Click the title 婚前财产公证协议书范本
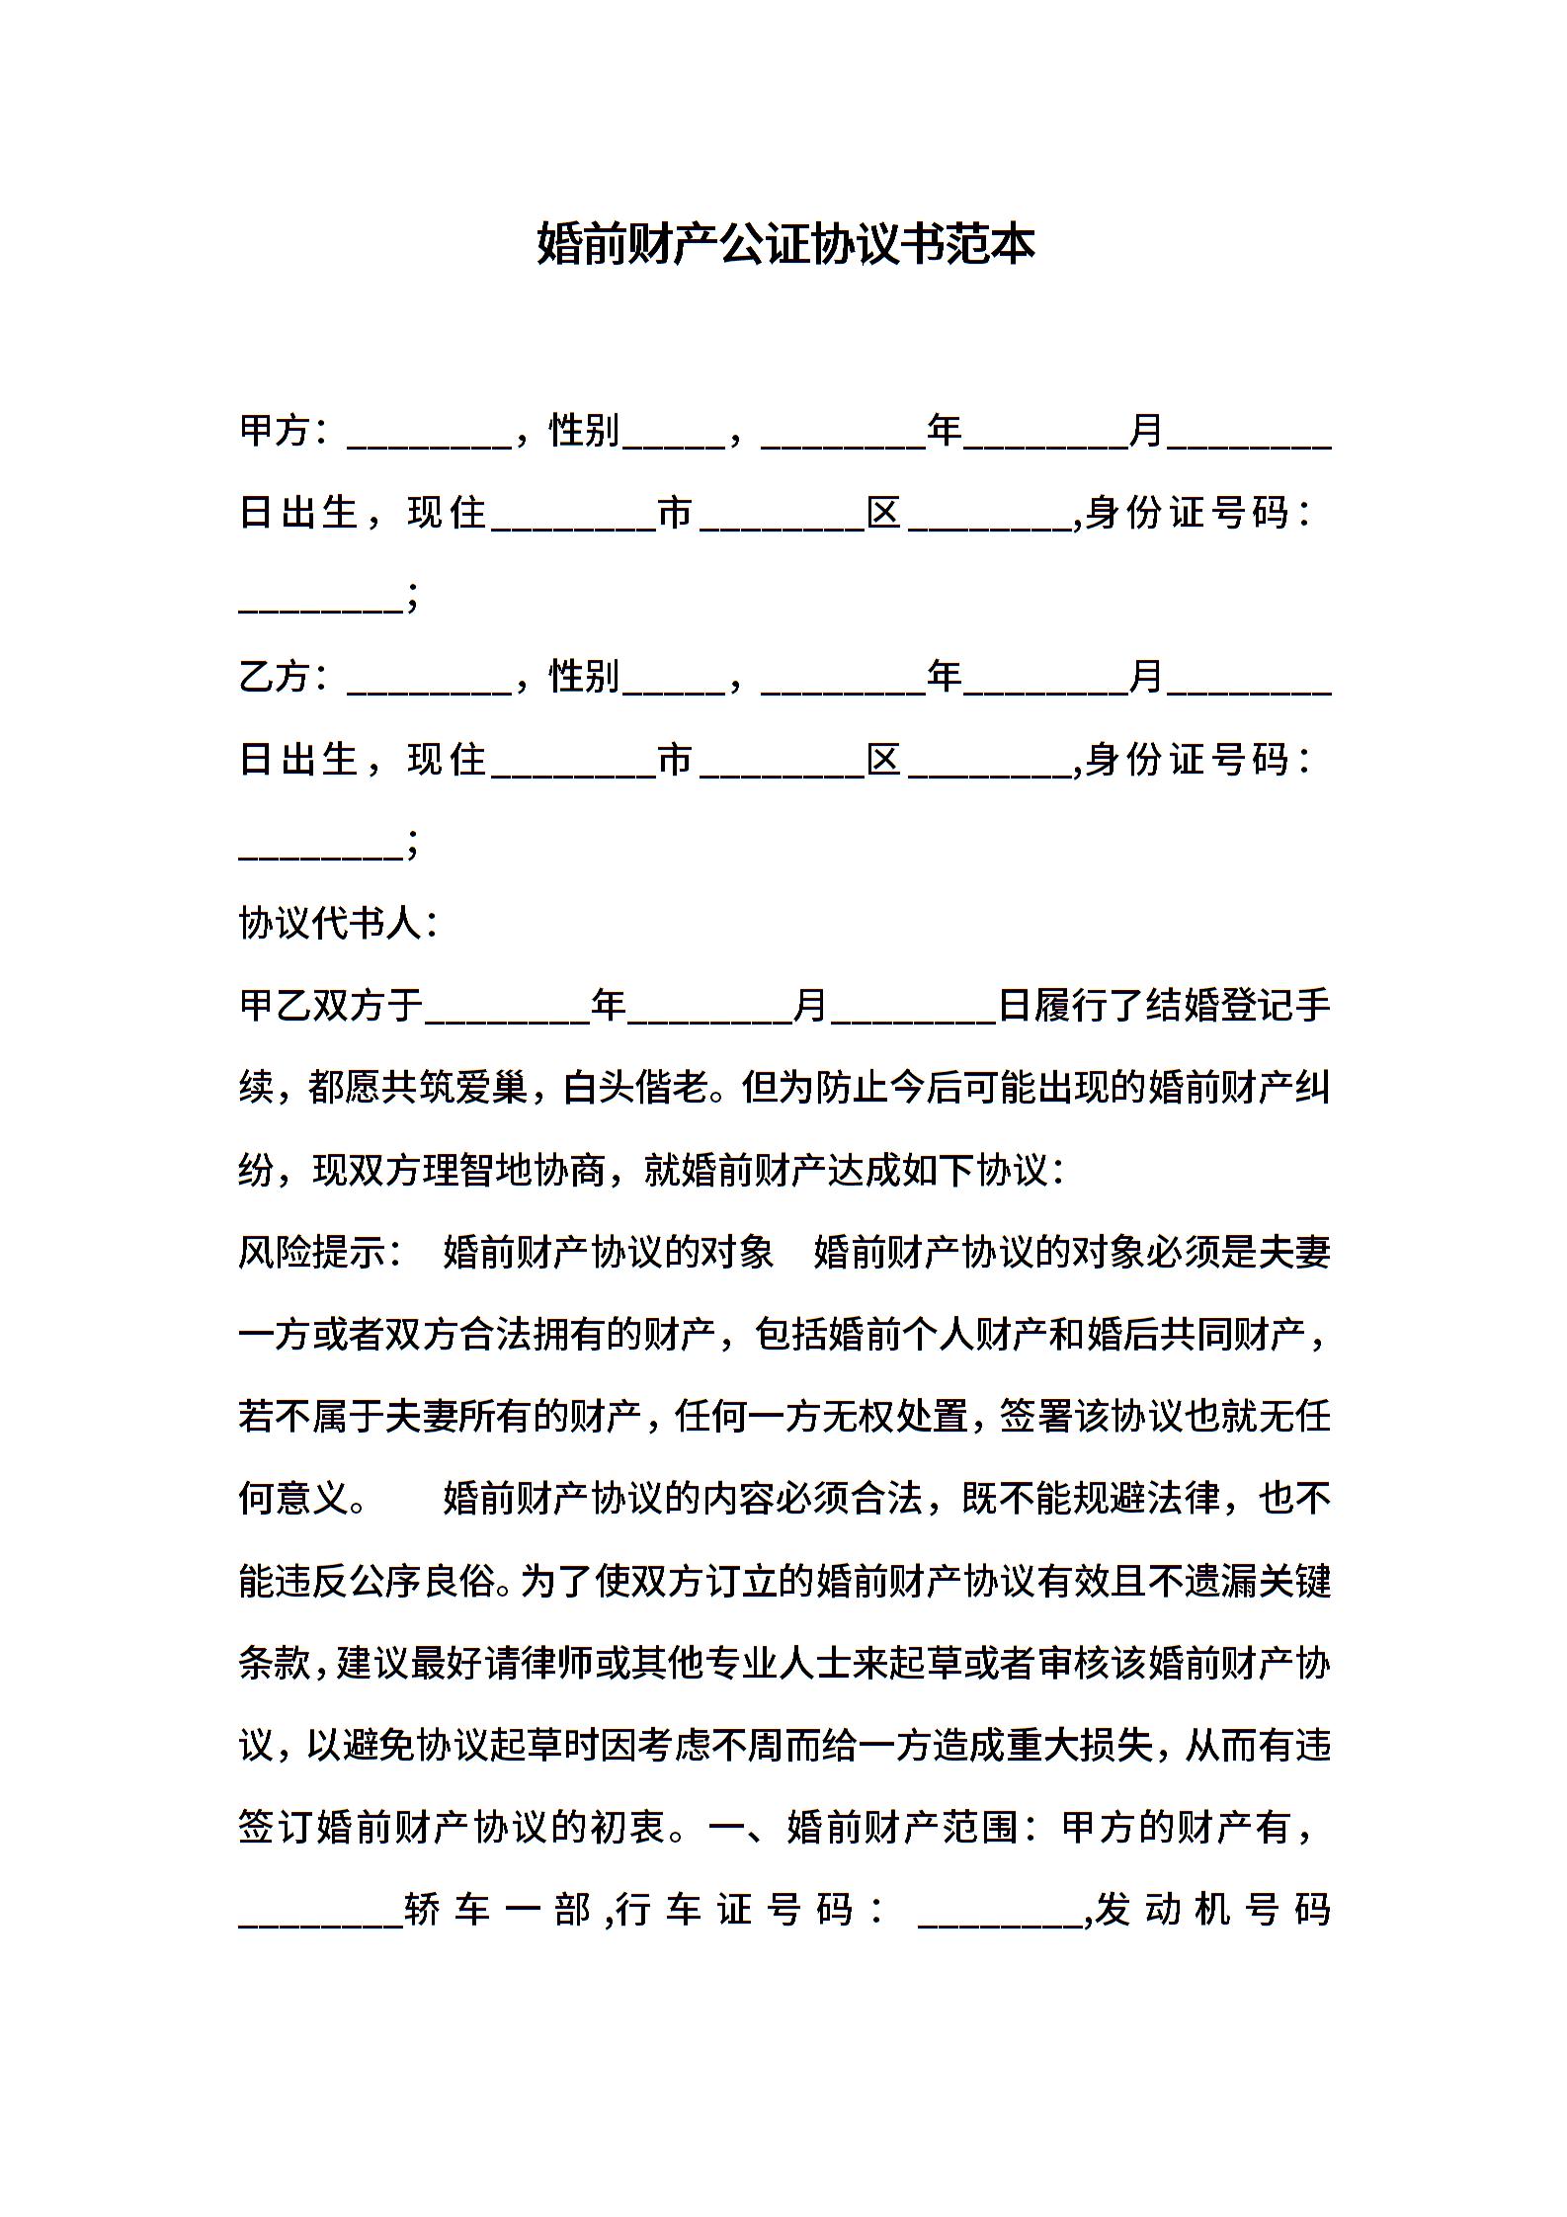[785, 244]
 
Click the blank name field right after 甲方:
[429, 435]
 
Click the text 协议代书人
[330, 924]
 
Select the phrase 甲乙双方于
[331, 1006]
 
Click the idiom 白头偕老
[635, 1089]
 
